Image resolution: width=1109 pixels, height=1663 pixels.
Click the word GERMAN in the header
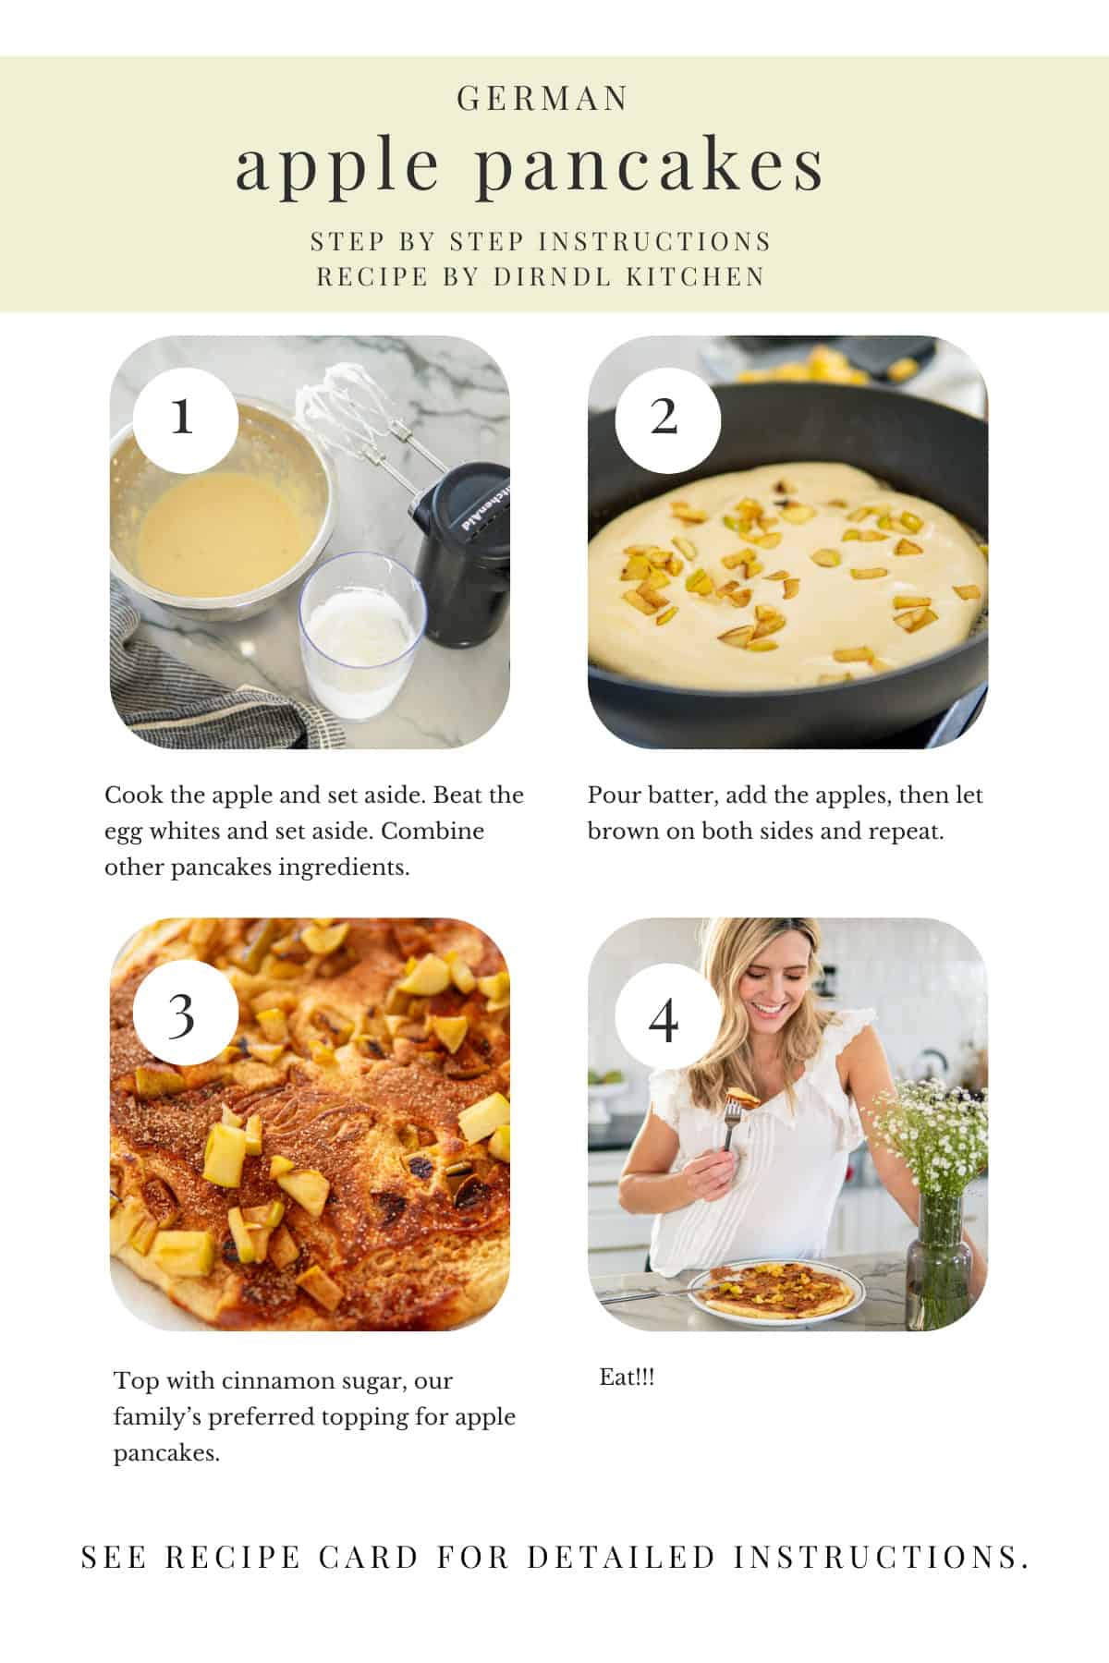(x=543, y=99)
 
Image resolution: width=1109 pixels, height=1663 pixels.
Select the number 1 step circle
(x=184, y=418)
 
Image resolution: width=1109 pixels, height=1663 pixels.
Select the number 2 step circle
(x=664, y=418)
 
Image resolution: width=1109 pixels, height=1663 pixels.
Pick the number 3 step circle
(x=184, y=1014)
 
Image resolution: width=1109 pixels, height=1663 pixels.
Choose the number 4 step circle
(x=664, y=1020)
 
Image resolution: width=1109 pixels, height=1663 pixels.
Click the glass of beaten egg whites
(x=361, y=637)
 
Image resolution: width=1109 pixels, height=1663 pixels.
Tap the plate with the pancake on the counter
(x=782, y=1291)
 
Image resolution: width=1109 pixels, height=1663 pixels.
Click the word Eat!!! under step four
(x=627, y=1378)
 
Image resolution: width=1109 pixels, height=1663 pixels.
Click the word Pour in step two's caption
(x=612, y=795)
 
